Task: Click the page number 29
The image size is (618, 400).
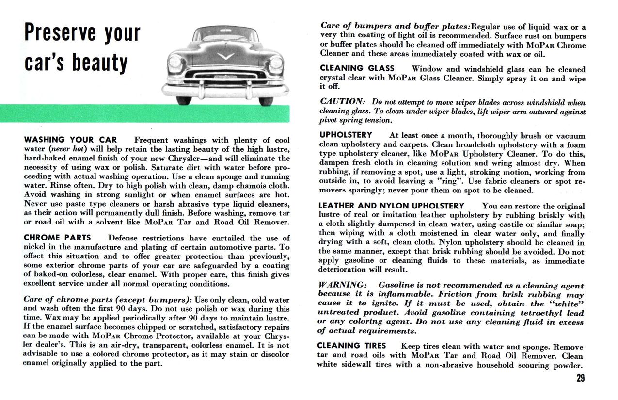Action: click(581, 379)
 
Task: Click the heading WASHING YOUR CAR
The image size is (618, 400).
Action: click(71, 140)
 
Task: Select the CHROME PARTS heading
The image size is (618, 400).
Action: click(57, 238)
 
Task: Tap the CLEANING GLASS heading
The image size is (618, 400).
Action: click(357, 69)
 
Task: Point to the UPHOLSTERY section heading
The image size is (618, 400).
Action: click(346, 135)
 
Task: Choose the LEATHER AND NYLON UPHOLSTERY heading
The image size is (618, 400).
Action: click(391, 206)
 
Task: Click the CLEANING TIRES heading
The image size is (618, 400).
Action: click(351, 346)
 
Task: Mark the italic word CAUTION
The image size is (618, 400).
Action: click(343, 102)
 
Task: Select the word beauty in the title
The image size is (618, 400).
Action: click(101, 63)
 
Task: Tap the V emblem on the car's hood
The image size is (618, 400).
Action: click(225, 56)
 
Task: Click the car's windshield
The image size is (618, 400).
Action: click(225, 35)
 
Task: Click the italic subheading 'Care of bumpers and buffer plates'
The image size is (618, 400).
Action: click(395, 26)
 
